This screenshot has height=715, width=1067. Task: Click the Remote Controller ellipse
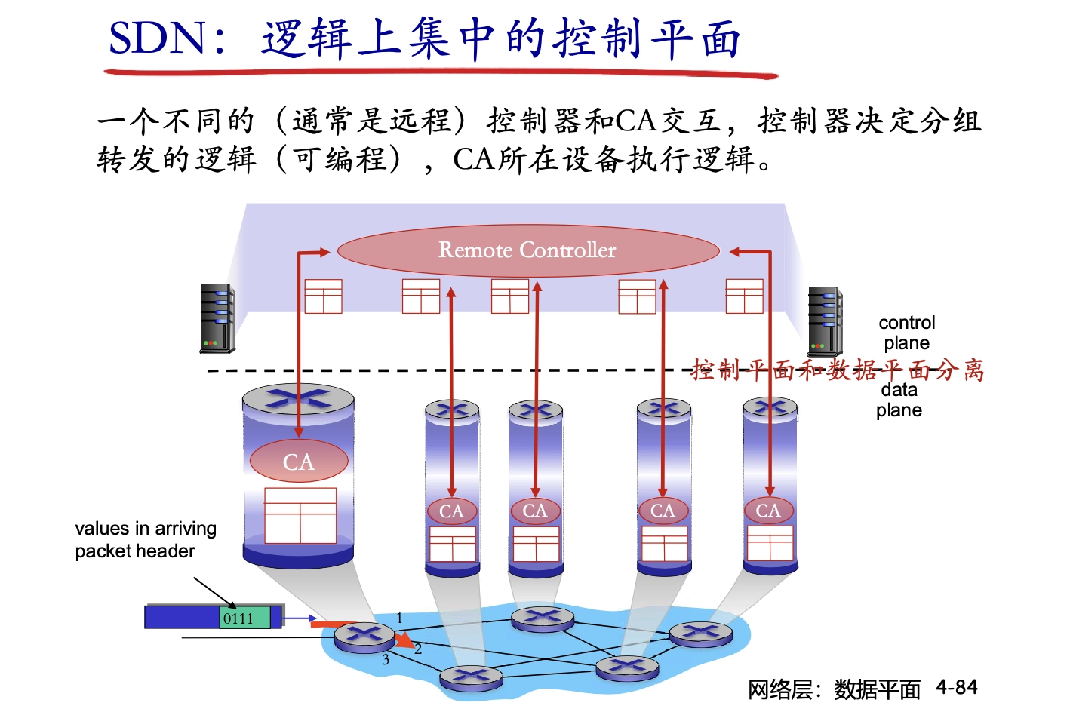point(527,250)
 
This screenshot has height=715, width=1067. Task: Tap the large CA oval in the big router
point(299,462)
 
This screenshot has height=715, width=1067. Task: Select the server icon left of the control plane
point(217,319)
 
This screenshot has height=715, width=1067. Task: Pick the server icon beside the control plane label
point(825,322)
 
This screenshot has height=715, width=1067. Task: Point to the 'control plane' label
point(906,333)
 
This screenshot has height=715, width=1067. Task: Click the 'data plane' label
point(899,400)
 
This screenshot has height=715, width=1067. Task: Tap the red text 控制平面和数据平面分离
point(838,370)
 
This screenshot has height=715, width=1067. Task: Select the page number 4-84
point(956,687)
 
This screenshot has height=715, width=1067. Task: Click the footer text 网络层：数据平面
point(834,689)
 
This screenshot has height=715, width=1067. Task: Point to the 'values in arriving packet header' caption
point(145,539)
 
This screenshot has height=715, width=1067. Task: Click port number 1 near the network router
point(399,618)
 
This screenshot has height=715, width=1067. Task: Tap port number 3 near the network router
point(386,660)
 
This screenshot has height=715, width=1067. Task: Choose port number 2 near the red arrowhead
point(418,649)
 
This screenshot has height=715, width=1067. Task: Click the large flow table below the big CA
point(300,515)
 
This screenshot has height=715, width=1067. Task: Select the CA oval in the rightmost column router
point(768,511)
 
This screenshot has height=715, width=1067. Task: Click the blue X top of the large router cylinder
point(298,397)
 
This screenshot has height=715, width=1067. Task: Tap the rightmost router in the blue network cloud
point(701,634)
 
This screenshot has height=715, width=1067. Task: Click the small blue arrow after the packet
point(301,619)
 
